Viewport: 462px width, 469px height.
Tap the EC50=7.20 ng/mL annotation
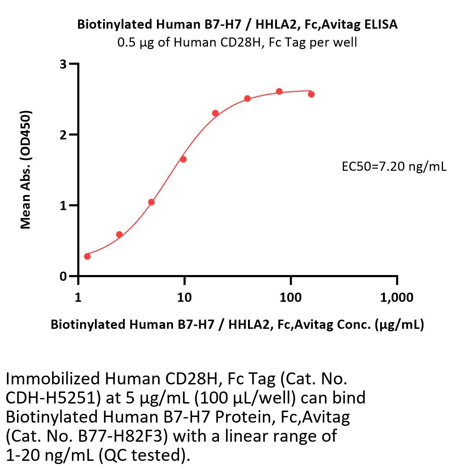click(394, 166)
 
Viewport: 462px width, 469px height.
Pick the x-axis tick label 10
click(184, 298)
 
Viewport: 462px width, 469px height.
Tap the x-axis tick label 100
click(290, 298)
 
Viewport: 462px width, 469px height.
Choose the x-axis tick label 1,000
click(396, 298)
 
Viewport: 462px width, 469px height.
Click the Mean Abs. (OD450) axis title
click(26, 170)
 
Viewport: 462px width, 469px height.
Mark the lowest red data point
click(87, 256)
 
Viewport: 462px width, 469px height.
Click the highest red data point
click(279, 92)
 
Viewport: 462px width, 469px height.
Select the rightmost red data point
click(311, 94)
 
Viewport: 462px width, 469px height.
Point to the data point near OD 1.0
click(151, 202)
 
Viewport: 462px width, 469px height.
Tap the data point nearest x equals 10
click(183, 159)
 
